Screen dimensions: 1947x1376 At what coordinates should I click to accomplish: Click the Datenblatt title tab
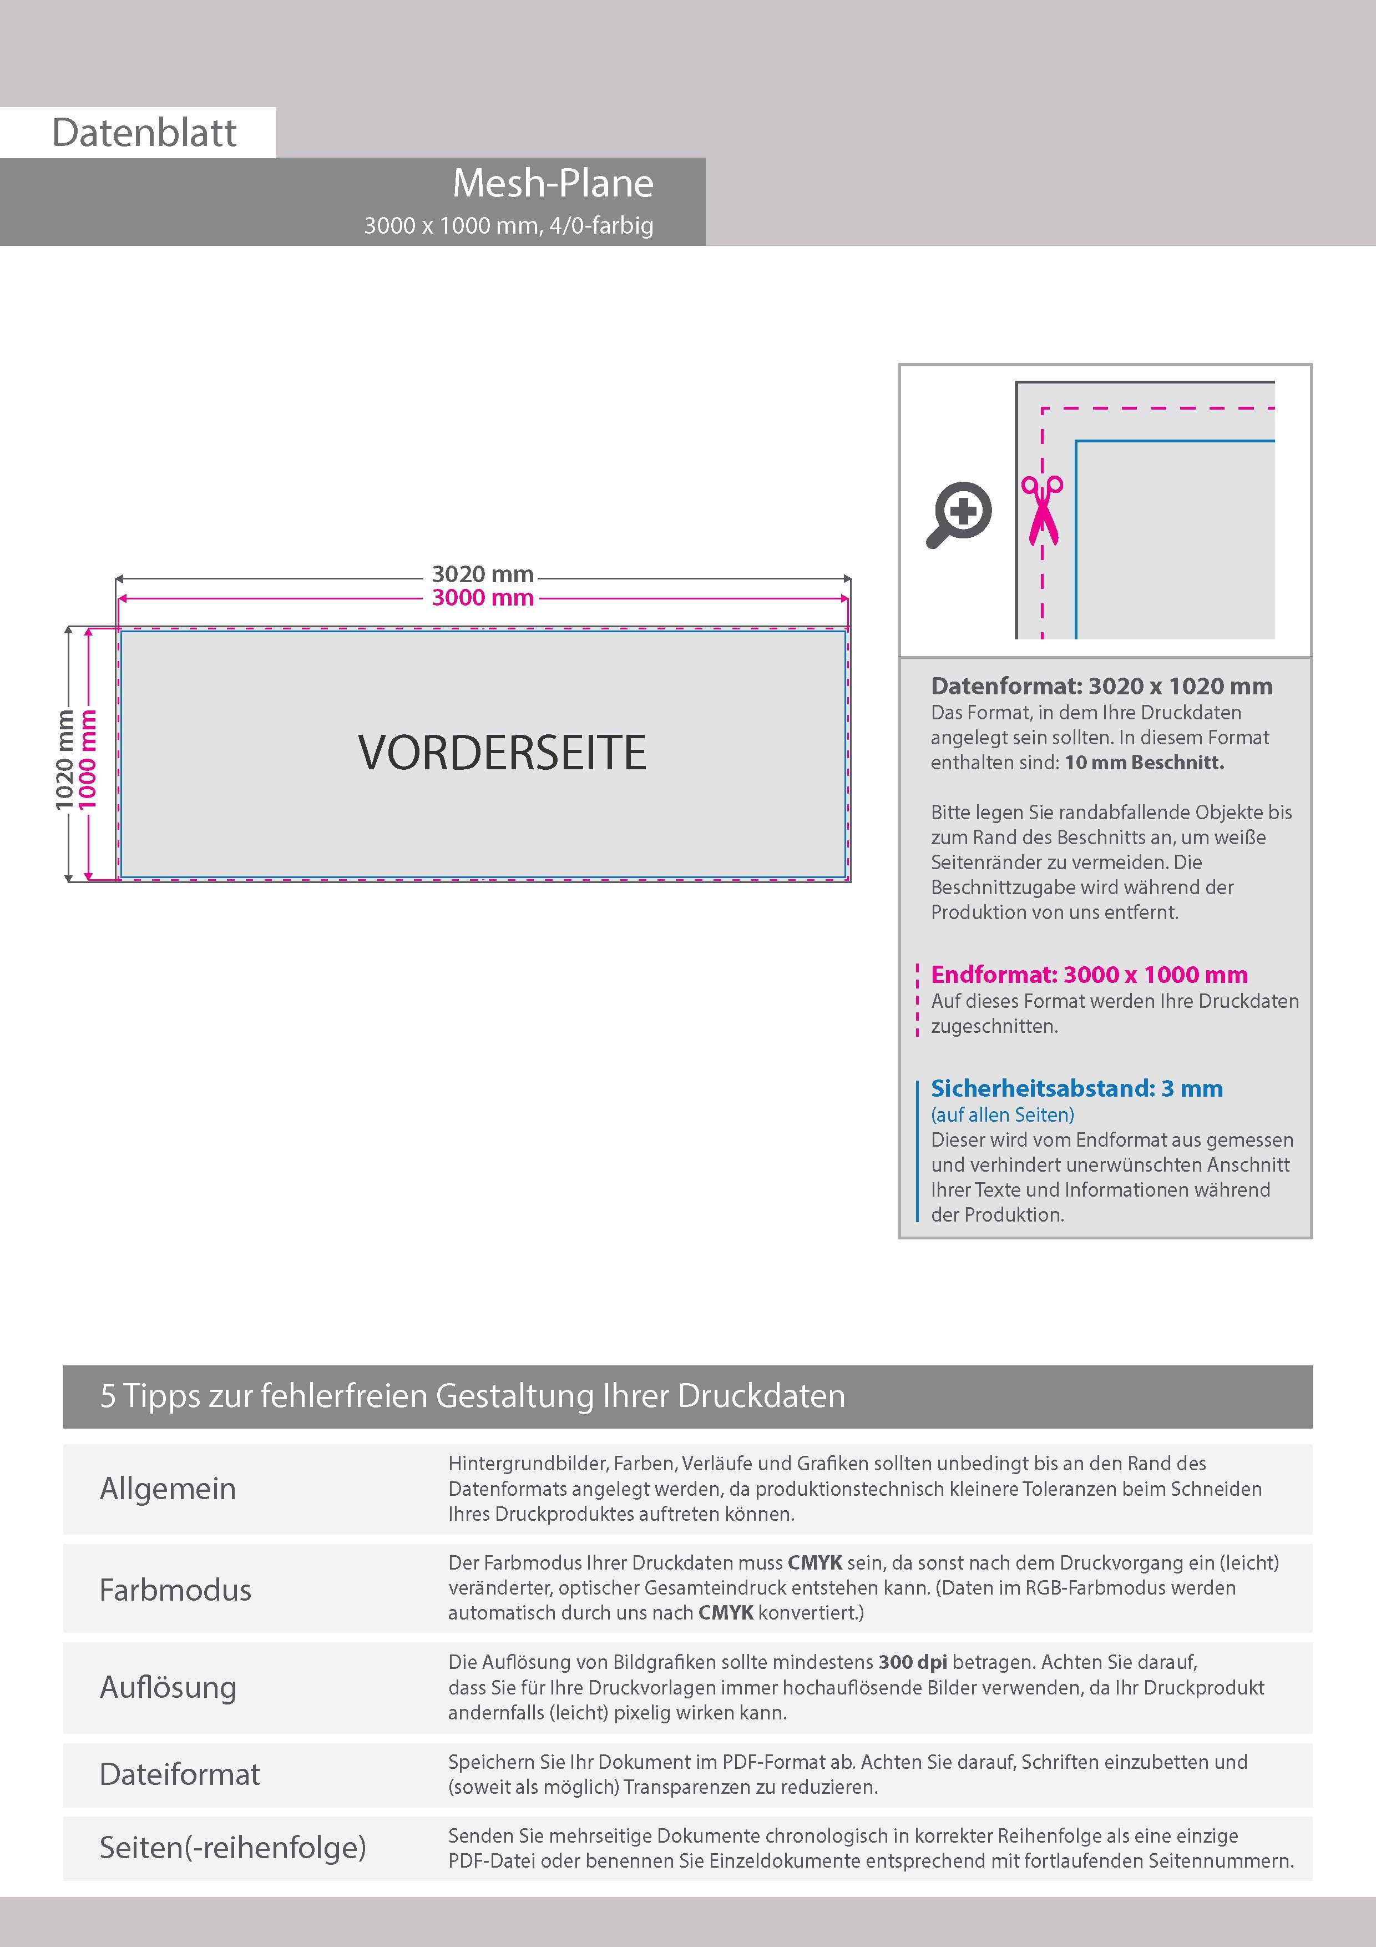tap(144, 132)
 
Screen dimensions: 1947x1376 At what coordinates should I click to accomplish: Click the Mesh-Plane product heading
tap(553, 183)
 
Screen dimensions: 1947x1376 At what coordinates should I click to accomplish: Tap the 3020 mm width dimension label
tap(482, 574)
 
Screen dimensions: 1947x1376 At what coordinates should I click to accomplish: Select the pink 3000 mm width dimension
tap(482, 598)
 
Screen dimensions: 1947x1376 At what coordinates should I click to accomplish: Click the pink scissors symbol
tap(1042, 509)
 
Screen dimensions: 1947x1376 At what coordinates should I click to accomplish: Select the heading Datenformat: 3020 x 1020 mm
tap(1101, 686)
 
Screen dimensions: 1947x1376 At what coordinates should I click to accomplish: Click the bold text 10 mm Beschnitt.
tap(1144, 763)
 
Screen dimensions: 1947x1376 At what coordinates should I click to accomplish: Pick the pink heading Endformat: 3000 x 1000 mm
tap(1089, 975)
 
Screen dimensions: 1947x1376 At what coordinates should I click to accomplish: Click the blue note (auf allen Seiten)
tap(1002, 1114)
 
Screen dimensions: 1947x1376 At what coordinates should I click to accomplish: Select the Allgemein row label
tap(168, 1488)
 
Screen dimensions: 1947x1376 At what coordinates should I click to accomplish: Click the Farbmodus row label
tap(175, 1589)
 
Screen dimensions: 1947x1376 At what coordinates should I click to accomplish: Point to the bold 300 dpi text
tap(912, 1662)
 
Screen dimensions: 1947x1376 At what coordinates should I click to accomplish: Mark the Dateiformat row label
tap(180, 1774)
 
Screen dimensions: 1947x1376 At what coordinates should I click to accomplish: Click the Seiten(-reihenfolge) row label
tap(232, 1847)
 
